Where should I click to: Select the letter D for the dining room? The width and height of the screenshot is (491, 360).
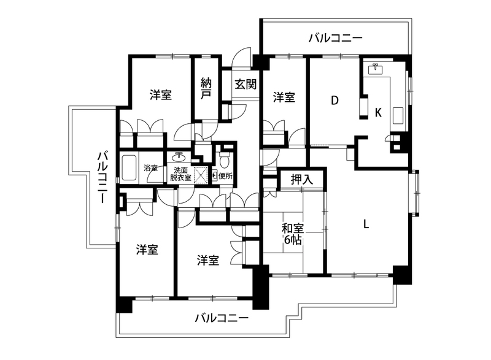(335, 101)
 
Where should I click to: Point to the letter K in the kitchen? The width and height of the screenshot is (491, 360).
(378, 112)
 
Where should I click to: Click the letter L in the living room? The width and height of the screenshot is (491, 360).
(366, 224)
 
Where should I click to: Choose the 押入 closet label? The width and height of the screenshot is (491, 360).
(302, 180)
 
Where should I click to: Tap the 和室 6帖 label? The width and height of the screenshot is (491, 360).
(292, 233)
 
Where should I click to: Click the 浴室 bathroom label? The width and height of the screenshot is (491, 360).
(150, 167)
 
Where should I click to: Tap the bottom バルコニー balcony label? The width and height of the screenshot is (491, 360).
(222, 319)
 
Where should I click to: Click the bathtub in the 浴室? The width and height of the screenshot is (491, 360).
(130, 167)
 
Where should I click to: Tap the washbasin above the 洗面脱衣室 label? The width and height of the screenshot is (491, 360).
(181, 156)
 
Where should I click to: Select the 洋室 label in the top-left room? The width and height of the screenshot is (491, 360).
(160, 95)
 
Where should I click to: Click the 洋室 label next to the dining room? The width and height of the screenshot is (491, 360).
(284, 98)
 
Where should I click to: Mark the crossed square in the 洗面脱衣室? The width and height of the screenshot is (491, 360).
(201, 174)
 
